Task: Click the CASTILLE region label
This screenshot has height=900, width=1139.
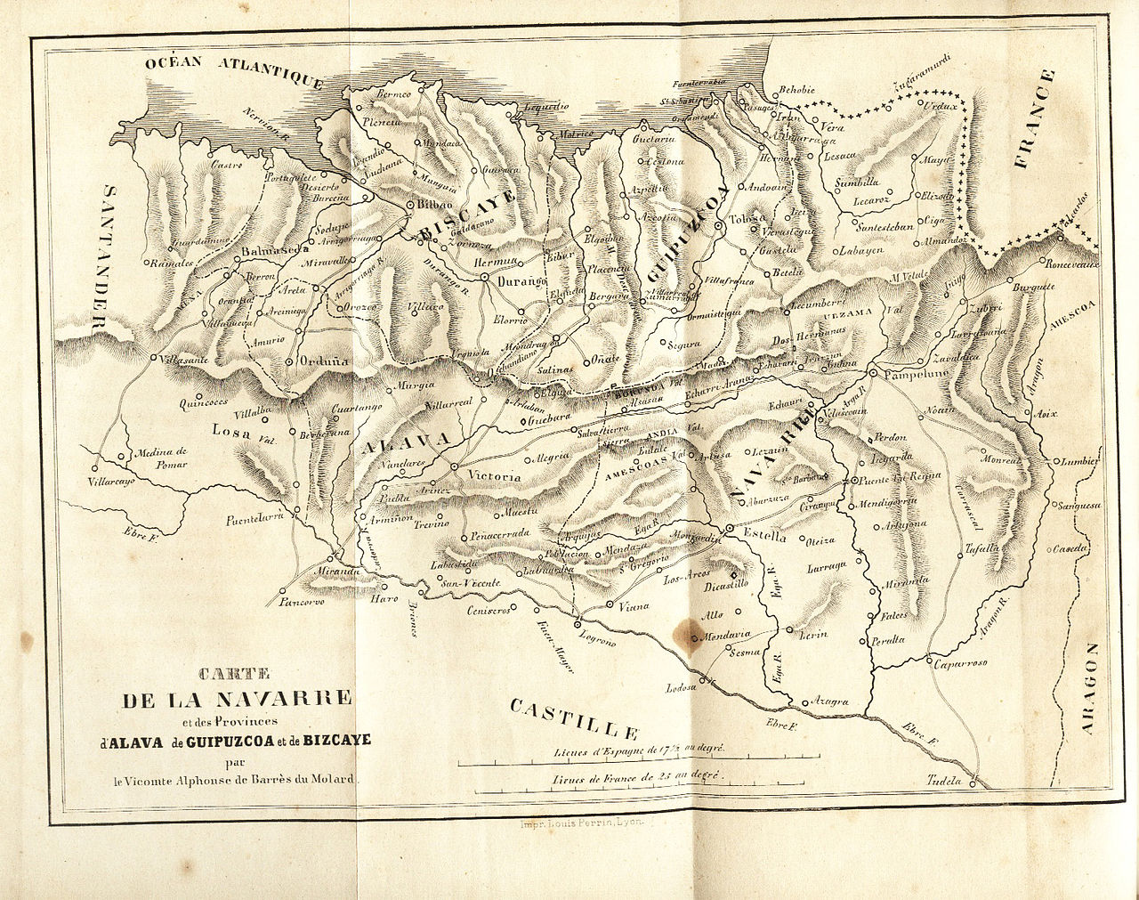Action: [x=574, y=719]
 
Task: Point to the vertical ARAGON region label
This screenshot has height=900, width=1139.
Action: [x=1091, y=690]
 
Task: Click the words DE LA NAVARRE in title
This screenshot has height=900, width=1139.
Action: [x=237, y=698]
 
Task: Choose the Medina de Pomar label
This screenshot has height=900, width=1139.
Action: [x=160, y=458]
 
